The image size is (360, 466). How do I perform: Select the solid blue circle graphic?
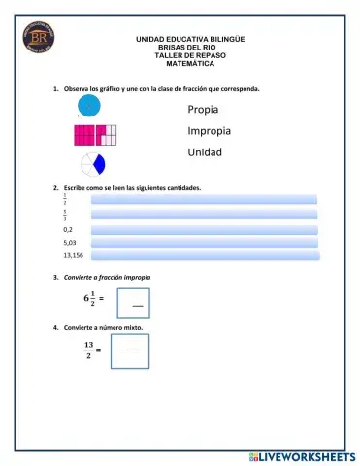pyautogui.click(x=89, y=105)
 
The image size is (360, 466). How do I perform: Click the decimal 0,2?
pyautogui.click(x=68, y=229)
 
